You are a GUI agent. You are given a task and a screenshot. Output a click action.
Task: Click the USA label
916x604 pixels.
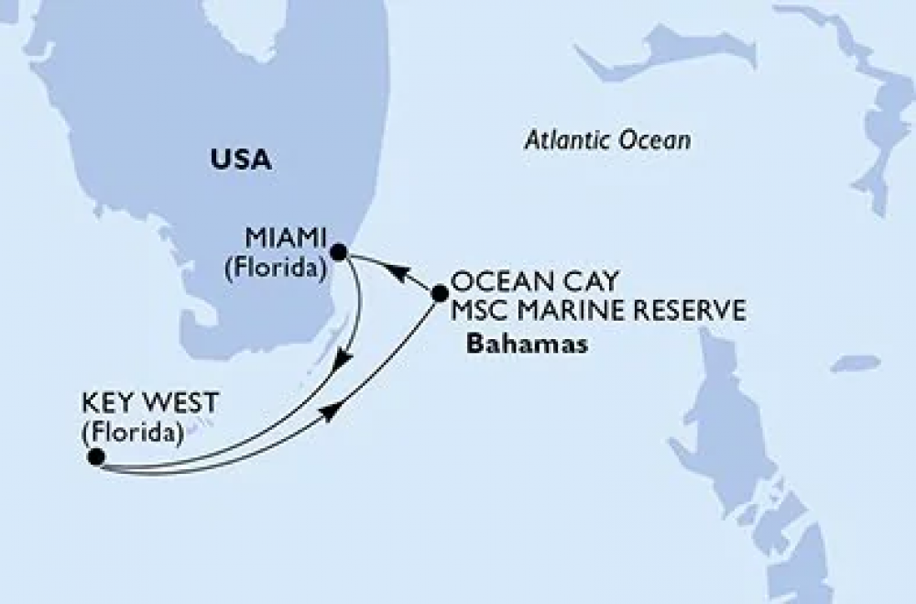(241, 159)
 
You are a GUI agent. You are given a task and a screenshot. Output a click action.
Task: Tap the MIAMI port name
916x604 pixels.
(286, 239)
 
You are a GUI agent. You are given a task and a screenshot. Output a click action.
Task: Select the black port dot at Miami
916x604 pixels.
(338, 251)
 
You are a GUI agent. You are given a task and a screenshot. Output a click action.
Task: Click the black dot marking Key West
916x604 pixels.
(95, 455)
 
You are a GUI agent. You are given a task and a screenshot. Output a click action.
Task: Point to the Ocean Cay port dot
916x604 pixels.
(439, 293)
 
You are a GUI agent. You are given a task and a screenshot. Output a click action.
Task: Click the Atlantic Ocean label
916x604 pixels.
(607, 141)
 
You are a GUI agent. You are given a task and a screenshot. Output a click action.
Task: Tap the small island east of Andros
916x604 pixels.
(855, 364)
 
